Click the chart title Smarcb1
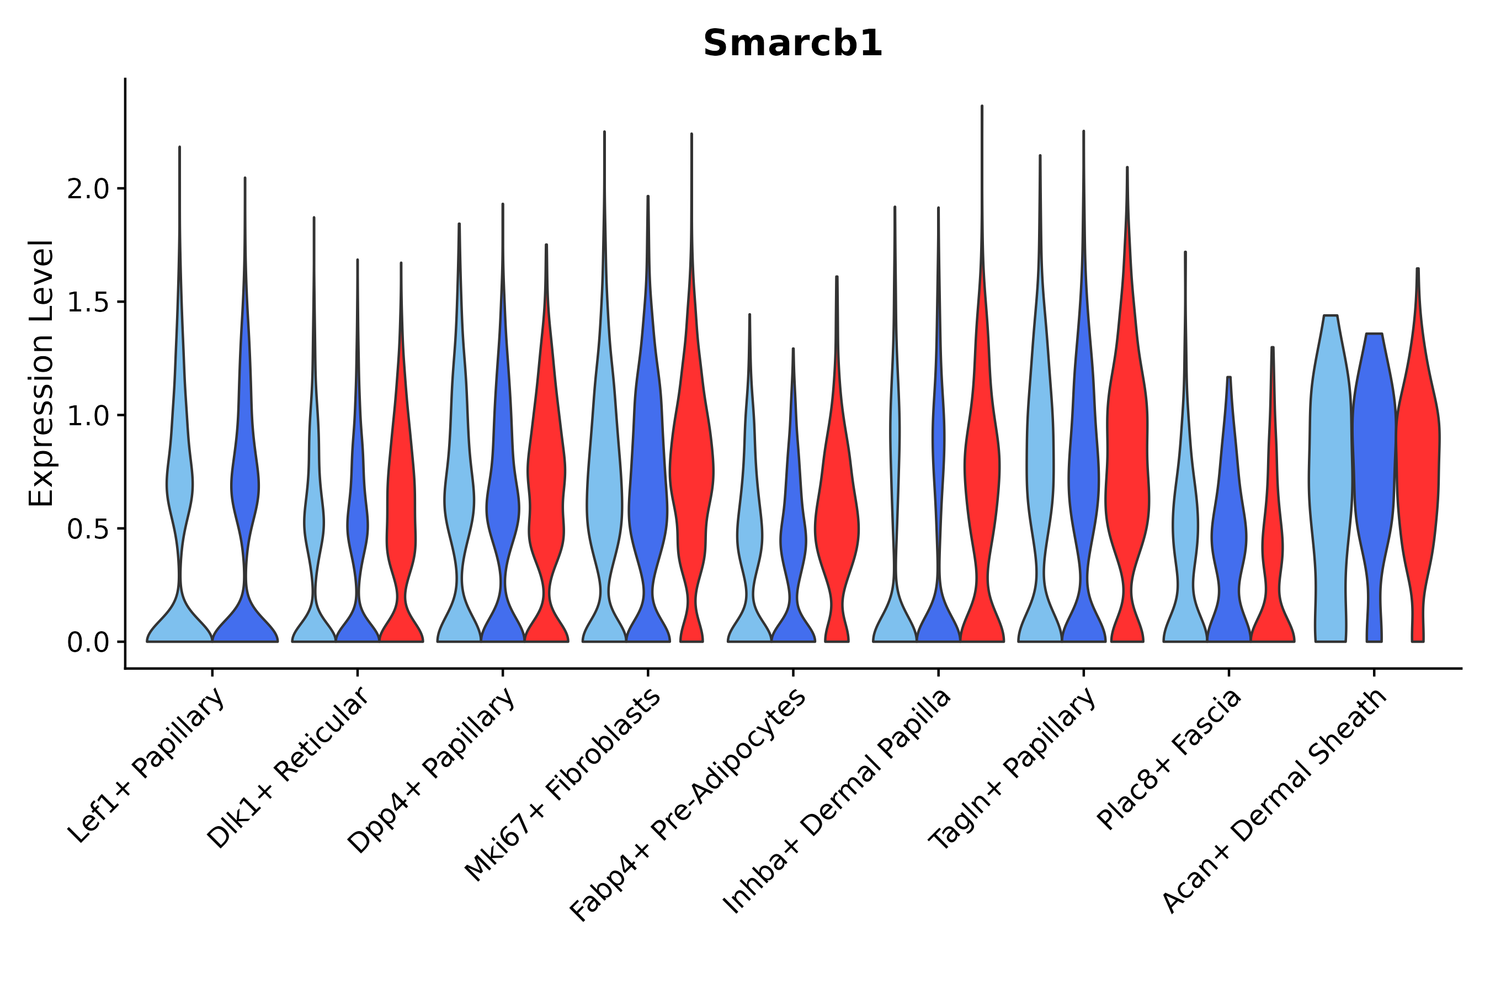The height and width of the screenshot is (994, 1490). [792, 44]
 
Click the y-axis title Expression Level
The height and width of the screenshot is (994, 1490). [41, 373]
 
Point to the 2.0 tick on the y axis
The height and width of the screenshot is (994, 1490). [87, 189]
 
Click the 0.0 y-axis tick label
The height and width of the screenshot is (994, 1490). [87, 643]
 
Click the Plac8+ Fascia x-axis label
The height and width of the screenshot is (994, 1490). [1169, 759]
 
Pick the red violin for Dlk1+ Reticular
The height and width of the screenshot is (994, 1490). [401, 507]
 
